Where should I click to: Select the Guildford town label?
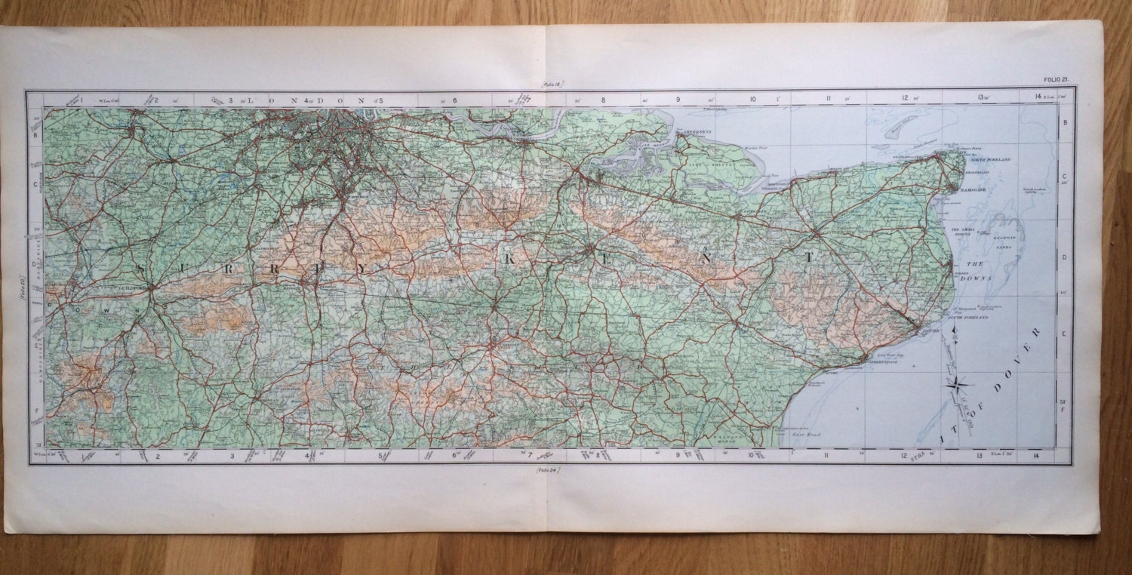130,287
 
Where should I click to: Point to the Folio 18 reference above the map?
552,85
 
